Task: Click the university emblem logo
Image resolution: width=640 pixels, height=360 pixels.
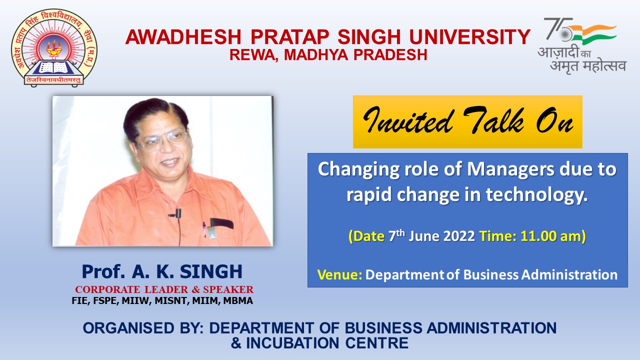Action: pos(54,47)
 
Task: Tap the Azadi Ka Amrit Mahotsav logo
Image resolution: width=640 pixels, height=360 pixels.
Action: pos(581,45)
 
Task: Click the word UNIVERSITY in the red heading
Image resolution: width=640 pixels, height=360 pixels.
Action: pos(469,37)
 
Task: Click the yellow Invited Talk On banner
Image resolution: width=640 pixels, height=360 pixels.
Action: pos(467,122)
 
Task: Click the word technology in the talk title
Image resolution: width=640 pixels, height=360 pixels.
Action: pos(536,195)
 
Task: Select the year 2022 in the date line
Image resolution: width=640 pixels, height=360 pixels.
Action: pos(459,236)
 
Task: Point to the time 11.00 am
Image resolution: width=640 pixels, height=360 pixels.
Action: pos(551,236)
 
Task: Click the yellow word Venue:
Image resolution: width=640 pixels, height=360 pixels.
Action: pos(339,274)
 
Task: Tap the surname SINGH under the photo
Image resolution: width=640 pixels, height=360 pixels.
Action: pos(211,271)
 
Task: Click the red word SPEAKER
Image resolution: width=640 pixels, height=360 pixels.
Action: pos(228,289)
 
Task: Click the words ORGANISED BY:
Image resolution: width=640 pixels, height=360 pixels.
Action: pos(143,327)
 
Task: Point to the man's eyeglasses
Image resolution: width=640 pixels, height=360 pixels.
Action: pos(163,141)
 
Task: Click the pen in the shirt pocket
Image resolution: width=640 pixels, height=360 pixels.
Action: pos(204,230)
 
